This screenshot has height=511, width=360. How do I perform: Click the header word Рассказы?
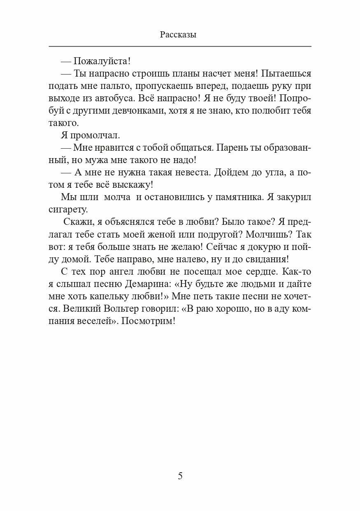click(178, 35)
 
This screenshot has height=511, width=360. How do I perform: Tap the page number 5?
click(180, 476)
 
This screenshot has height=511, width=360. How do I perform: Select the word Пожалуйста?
click(101, 61)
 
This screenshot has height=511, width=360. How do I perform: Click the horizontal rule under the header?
click(180, 46)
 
